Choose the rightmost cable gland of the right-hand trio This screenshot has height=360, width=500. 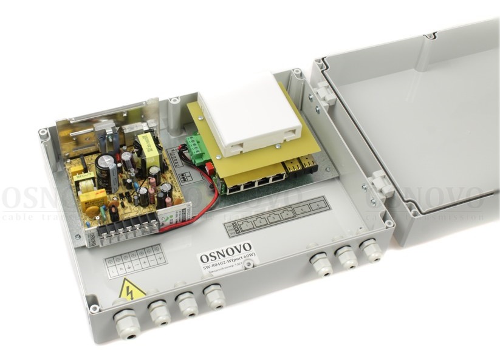[369, 250]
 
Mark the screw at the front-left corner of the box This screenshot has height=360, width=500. [94, 308]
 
